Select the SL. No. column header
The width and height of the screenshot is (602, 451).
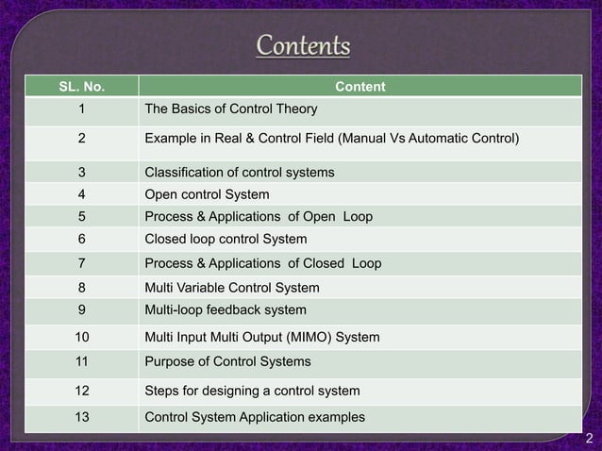point(80,88)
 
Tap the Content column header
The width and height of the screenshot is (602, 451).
point(360,88)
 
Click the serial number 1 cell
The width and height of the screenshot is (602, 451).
point(80,109)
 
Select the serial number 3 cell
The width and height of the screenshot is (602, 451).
point(80,173)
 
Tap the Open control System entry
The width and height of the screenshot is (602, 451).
point(207,195)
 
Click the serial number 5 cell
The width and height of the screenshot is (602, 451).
point(80,217)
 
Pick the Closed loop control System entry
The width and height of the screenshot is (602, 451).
point(226,239)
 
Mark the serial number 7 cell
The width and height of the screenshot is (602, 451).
point(80,263)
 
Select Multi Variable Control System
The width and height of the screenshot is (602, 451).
point(231,288)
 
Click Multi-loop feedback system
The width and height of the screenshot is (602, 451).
point(225,309)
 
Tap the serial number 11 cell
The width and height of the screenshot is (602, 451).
point(80,361)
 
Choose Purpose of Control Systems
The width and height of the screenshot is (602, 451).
point(227,361)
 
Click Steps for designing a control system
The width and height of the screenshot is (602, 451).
point(252,391)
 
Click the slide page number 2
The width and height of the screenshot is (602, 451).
point(588,438)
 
